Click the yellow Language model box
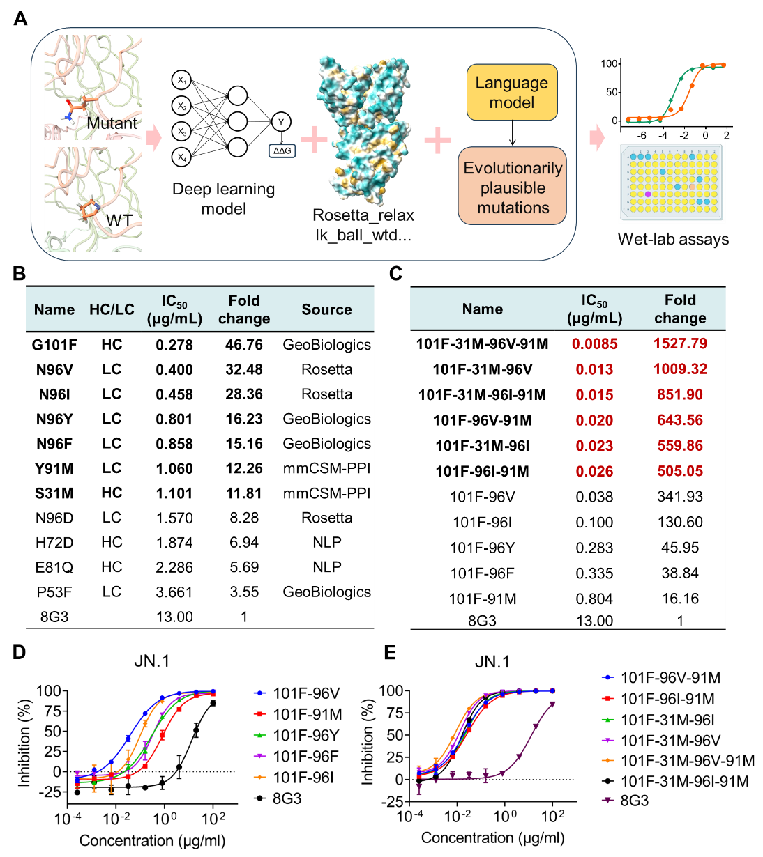click(x=512, y=93)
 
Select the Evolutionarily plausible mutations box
click(x=513, y=187)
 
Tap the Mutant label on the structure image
click(x=112, y=123)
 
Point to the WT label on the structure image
click(x=119, y=221)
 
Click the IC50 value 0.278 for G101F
click(x=174, y=345)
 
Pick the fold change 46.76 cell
click(x=244, y=345)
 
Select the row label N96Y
click(x=54, y=419)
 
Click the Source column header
click(x=326, y=309)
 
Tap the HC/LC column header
click(x=112, y=309)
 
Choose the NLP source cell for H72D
click(x=326, y=543)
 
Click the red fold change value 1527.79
click(x=680, y=343)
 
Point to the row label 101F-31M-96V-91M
click(x=482, y=343)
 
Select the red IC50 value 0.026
click(x=594, y=472)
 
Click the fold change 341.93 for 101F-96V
click(x=680, y=497)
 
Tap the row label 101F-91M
click(x=482, y=599)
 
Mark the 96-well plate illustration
click(x=672, y=183)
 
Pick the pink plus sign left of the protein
click(x=315, y=139)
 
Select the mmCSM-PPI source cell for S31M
click(x=326, y=493)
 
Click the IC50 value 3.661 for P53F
click(x=174, y=592)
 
